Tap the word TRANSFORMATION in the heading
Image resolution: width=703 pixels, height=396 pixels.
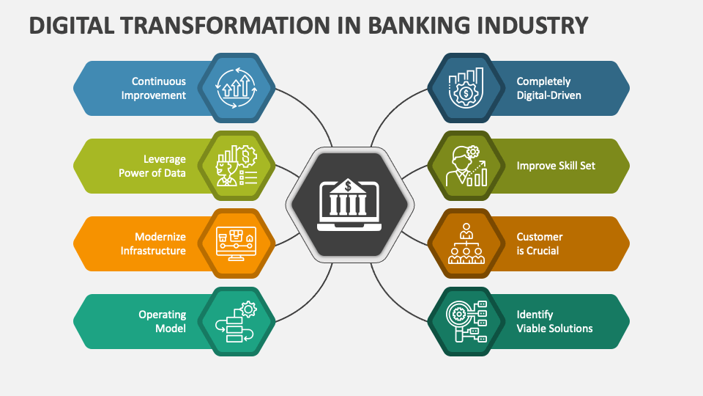[234, 25]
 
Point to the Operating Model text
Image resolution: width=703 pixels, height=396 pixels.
[162, 321]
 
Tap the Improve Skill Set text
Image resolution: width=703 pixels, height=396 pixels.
[556, 166]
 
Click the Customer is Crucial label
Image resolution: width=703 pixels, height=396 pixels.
[540, 243]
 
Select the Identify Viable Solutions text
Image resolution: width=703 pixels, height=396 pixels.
[554, 321]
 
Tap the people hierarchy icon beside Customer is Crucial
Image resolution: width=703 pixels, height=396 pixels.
[466, 243]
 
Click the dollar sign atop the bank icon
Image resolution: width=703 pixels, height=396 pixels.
[349, 185]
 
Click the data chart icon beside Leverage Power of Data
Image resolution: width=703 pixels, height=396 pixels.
[234, 166]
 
